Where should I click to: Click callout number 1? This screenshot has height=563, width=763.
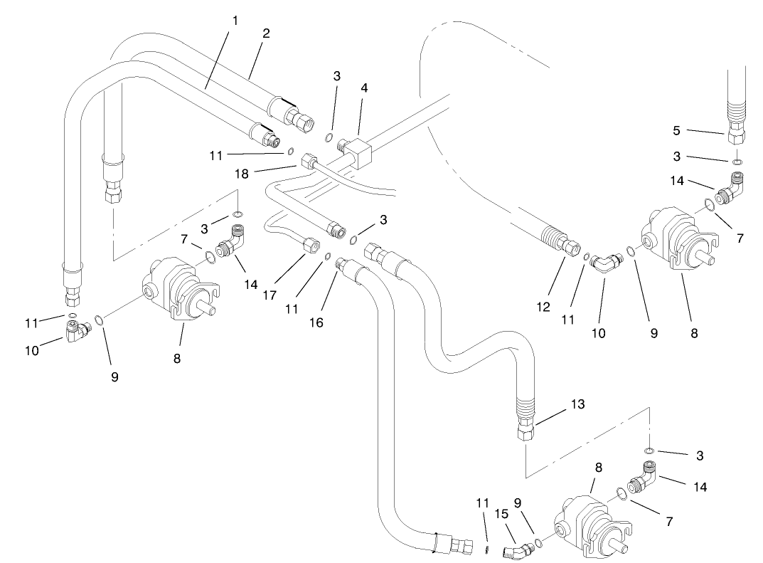[x=235, y=21]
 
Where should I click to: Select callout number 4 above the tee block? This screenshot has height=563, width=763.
[x=363, y=89]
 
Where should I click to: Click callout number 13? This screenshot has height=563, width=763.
[x=577, y=405]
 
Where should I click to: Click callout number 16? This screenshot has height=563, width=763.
[x=316, y=322]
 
